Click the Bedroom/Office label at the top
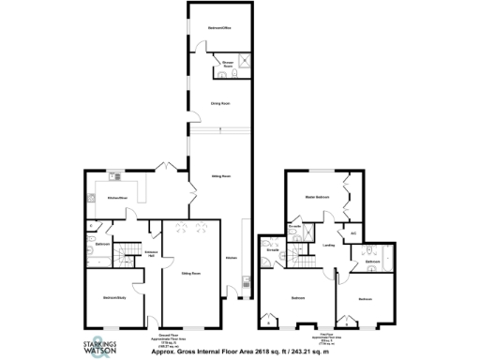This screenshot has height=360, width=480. click(x=219, y=29)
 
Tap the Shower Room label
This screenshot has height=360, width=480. click(x=228, y=64)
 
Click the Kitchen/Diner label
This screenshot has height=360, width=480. click(x=116, y=198)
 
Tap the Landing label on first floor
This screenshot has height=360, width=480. click(x=328, y=246)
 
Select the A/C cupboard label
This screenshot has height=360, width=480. click(x=353, y=232)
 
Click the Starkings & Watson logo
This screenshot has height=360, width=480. click(x=111, y=344)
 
